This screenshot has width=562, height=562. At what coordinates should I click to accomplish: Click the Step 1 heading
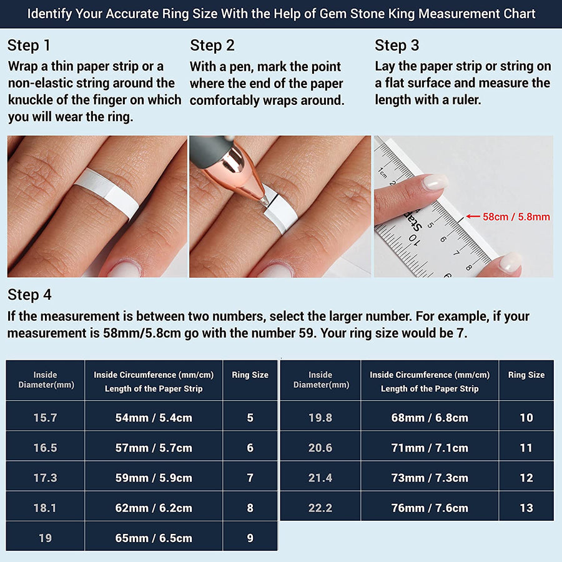[29, 46]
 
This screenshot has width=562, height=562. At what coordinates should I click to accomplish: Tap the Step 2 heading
[212, 46]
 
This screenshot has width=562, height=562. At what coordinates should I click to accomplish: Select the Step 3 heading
[397, 46]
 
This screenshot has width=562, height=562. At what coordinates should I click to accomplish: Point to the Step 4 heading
[29, 295]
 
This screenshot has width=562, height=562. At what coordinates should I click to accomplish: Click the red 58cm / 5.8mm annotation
[516, 217]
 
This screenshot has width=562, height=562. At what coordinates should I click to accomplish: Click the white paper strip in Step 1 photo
[109, 191]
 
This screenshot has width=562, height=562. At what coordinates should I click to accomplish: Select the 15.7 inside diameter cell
[45, 417]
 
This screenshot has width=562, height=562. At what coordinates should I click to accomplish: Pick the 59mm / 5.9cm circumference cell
[154, 478]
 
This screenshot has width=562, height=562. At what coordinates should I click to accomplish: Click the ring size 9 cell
[250, 538]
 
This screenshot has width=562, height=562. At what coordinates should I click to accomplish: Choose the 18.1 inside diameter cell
[45, 508]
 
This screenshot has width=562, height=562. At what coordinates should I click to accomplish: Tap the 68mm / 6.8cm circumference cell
[430, 417]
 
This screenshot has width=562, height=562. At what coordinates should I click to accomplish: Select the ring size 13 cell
[526, 508]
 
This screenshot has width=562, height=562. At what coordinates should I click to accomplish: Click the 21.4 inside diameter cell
[320, 478]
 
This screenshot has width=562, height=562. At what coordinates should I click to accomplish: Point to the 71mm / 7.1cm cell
[430, 448]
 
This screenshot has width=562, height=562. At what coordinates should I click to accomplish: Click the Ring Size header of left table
[250, 375]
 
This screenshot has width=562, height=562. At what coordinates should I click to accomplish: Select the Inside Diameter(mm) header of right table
[320, 380]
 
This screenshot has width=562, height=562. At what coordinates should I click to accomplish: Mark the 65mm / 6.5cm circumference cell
[154, 538]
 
